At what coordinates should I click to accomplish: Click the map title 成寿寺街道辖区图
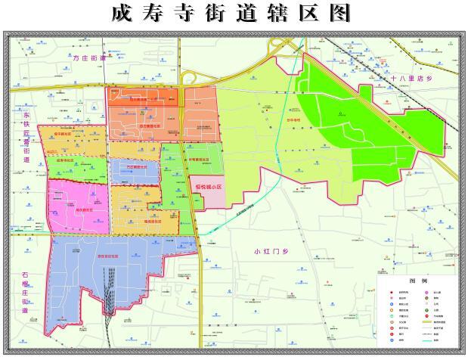237,13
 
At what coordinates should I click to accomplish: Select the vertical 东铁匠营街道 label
26,136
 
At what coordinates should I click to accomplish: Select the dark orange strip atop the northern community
144,97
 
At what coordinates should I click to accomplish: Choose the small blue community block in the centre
134,171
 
